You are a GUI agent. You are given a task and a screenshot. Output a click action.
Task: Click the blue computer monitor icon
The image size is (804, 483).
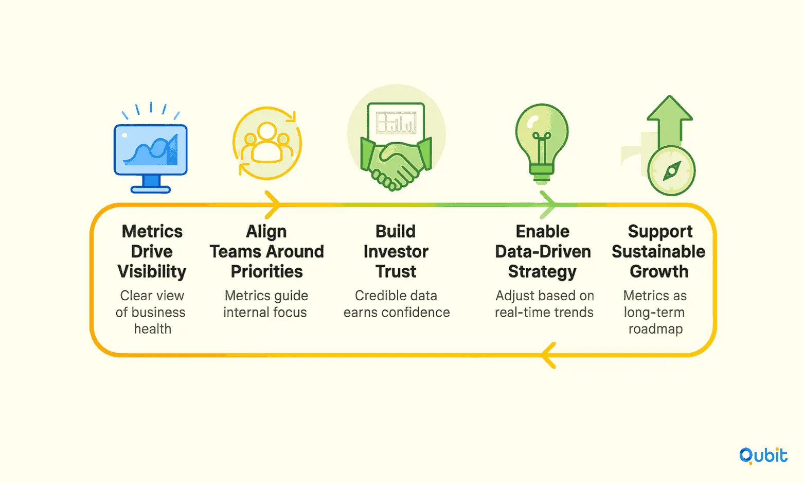pos(150,158)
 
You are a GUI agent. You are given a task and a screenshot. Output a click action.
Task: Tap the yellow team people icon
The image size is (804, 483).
pos(266,143)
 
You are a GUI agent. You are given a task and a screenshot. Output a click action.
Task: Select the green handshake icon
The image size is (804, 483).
pos(396,164)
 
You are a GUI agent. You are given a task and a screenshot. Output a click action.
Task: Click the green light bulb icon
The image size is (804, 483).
pos(542,144)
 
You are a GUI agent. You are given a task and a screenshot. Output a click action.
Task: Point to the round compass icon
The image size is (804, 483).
pos(671,171)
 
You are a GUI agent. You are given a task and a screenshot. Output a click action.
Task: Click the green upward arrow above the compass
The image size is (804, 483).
pos(670,122)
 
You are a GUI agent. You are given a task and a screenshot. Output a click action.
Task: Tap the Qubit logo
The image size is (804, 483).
pos(763,456)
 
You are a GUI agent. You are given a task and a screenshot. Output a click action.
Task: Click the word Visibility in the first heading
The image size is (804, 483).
pos(152,272)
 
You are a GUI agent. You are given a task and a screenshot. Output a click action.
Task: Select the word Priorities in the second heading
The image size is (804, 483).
pos(266,272)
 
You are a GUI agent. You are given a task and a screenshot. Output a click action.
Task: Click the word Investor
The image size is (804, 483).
pos(396,252)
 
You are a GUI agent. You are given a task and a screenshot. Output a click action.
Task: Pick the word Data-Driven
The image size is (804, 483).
pos(543,252)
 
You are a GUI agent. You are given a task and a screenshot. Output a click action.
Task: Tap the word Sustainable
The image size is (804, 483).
pos(658,252)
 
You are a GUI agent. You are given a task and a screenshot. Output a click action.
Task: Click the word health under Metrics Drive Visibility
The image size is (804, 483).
pos(153,329)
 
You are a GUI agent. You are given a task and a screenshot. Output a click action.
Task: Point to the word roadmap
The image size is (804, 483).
pos(655,329)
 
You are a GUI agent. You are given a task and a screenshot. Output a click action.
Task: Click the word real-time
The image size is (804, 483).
pos(516,313)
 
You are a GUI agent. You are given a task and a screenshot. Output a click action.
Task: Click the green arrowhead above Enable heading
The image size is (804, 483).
pos(547,205)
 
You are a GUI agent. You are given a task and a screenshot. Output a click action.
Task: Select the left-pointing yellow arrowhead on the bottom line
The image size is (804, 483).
pos(549,355)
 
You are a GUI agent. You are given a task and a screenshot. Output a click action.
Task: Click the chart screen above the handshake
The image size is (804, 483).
pos(396,122)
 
